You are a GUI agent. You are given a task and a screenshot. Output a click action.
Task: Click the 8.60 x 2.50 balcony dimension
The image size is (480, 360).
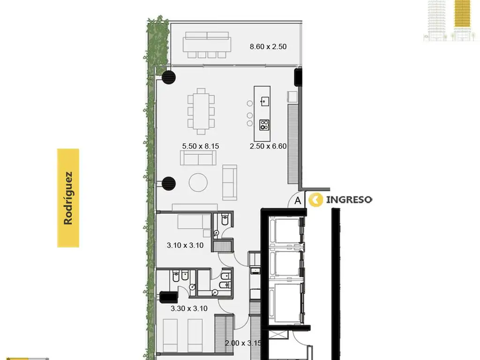(x=268, y=47)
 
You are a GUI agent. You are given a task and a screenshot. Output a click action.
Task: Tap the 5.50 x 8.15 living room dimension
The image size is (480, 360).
(x=201, y=146)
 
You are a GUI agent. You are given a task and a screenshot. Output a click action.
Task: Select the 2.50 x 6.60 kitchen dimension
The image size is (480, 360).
(x=268, y=146)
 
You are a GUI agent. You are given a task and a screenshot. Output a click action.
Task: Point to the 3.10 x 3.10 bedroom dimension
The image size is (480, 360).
(x=185, y=245)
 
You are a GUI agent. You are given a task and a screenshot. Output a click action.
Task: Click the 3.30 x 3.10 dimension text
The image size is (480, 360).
(x=189, y=308)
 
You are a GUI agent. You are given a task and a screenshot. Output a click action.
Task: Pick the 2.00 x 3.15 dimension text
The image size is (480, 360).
(x=243, y=343)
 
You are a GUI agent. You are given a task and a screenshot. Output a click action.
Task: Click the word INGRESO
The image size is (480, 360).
(x=349, y=200)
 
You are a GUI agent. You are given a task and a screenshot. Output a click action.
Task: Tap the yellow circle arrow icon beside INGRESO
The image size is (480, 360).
(x=315, y=200)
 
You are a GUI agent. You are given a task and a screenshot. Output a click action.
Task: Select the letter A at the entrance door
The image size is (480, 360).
(x=298, y=201)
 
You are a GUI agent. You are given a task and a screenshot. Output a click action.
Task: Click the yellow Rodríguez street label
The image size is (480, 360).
(x=68, y=198)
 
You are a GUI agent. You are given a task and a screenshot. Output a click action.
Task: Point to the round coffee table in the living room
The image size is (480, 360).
(x=198, y=182)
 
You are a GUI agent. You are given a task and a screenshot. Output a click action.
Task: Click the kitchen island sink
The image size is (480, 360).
(x=265, y=101)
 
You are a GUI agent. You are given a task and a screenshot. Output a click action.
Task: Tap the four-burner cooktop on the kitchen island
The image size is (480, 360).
(x=264, y=125)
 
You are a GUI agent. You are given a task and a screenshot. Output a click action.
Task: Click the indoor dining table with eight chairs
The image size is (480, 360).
(x=201, y=112)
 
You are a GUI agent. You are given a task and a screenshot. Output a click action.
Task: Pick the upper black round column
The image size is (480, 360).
(x=168, y=77)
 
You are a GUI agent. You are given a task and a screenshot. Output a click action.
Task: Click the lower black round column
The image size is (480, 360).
(x=168, y=183)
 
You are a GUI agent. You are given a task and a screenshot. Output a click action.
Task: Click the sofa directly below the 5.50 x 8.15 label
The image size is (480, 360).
(x=198, y=158)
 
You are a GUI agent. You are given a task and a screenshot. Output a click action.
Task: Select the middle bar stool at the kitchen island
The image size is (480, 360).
(x=250, y=115)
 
